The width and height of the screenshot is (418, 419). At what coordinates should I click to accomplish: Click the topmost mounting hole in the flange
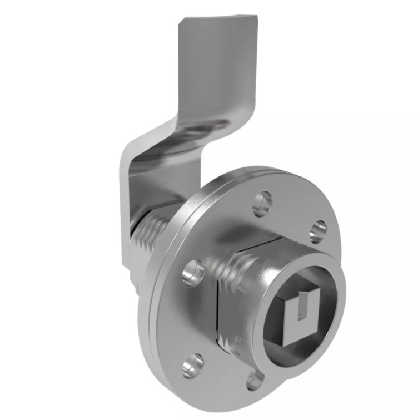262,204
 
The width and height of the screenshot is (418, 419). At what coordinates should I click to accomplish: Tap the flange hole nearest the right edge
318,231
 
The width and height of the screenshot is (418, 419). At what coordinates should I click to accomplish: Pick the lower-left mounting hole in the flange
192,365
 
